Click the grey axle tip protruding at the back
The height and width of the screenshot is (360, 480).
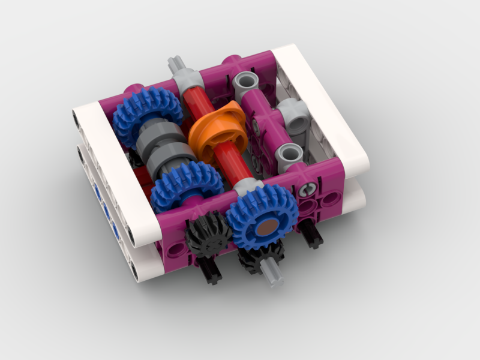[175, 64]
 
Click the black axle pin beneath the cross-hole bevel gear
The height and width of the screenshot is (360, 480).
[210, 270]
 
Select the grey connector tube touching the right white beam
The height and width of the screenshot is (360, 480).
[295, 116]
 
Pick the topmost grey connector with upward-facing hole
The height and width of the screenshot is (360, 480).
[246, 81]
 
